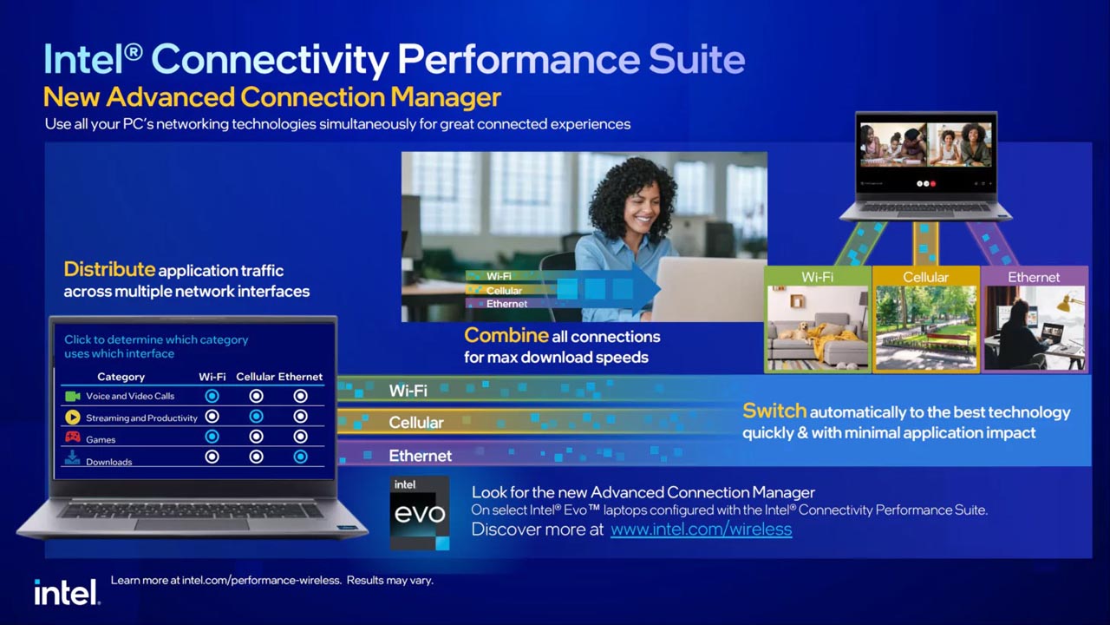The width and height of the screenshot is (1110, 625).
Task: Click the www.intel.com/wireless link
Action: (x=701, y=529)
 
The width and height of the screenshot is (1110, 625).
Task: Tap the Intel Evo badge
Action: (x=420, y=512)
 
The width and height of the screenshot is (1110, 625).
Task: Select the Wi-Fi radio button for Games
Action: (x=212, y=437)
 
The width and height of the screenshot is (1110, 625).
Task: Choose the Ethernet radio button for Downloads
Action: (x=300, y=457)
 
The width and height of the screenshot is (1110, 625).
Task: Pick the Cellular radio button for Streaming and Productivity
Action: (x=256, y=417)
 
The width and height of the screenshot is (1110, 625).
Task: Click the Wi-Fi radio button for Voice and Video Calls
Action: (x=212, y=396)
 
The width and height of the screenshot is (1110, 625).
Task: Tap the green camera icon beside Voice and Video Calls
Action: (x=73, y=396)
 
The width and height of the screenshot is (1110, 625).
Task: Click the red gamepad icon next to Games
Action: (x=73, y=437)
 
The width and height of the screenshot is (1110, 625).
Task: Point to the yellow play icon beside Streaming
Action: (x=73, y=418)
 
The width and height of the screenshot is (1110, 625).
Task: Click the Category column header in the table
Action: (x=121, y=377)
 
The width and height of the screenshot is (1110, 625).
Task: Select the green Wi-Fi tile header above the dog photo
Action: (x=817, y=277)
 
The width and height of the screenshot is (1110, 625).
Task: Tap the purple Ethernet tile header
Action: (x=1034, y=277)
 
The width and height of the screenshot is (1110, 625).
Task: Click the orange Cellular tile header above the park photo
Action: (x=925, y=277)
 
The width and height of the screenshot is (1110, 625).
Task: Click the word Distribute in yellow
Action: (x=109, y=270)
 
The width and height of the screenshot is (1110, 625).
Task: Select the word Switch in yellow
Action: (x=774, y=411)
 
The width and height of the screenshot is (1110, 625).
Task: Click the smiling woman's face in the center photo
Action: (x=645, y=208)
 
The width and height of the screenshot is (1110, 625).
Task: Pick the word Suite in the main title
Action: (x=696, y=60)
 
